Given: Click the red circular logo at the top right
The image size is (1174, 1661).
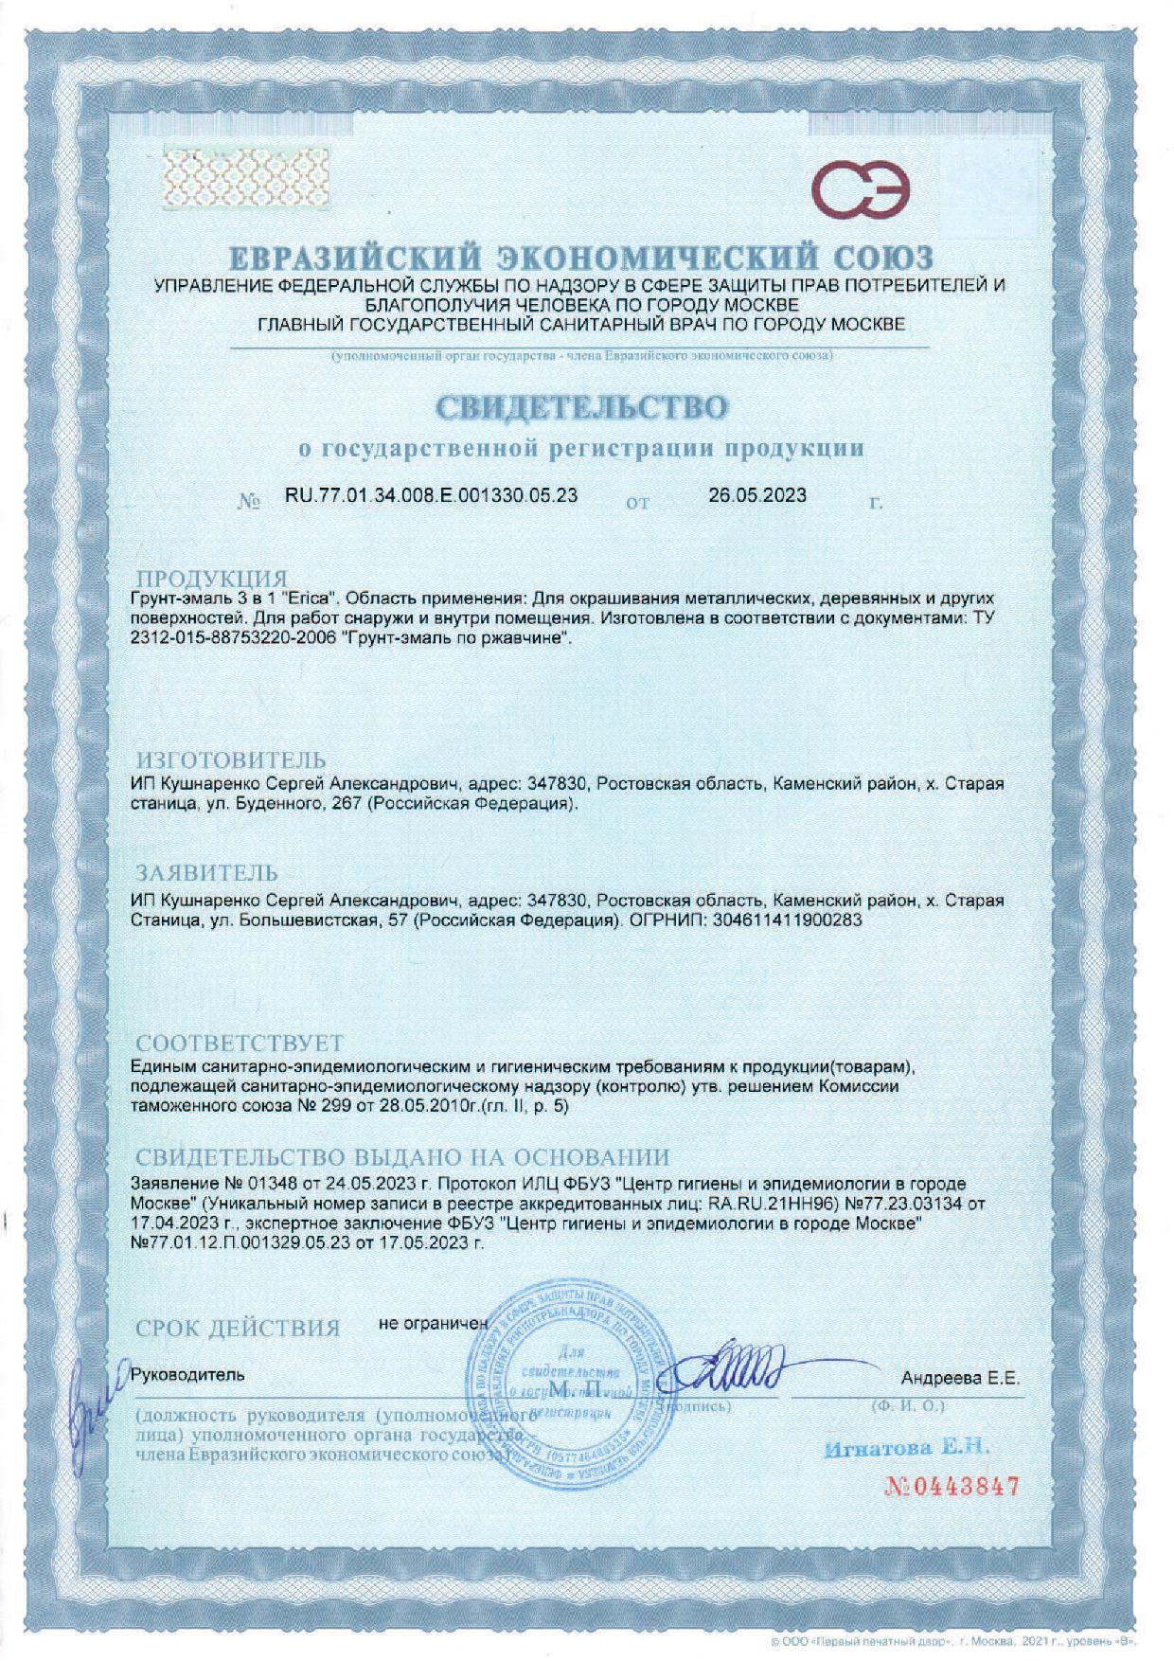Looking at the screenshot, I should point(863,189).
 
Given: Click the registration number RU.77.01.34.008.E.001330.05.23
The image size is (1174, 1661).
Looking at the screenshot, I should point(431,495).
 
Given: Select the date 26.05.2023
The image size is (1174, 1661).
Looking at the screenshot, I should point(756,495).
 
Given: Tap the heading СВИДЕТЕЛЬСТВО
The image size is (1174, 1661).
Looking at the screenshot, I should point(582,407).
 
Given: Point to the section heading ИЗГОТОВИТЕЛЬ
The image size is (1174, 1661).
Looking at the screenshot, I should point(232,760).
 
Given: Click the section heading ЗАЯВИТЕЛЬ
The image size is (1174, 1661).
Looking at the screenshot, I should point(208,872).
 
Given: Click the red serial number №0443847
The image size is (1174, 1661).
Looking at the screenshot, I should point(952,1486).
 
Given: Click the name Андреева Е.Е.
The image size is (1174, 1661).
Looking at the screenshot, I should point(960,1379).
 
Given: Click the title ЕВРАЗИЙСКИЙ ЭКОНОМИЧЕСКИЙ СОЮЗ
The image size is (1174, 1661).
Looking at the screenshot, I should point(581,257).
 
